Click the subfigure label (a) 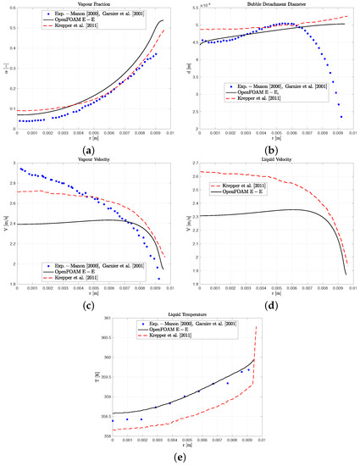pos(91,149)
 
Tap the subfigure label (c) pos(91,303)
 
